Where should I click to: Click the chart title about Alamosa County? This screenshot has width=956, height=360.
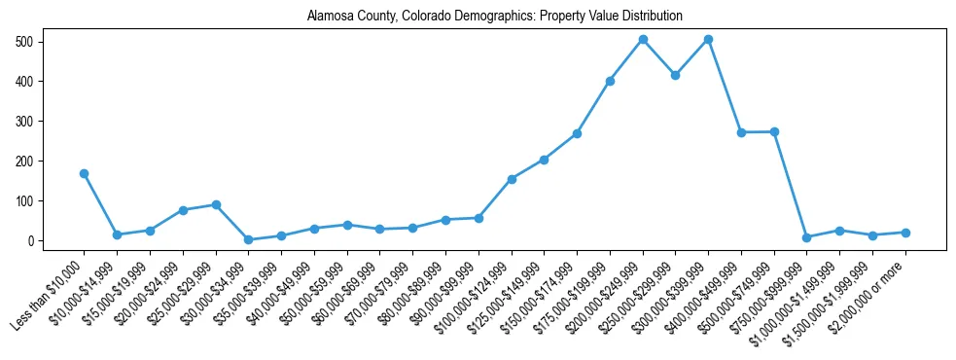click(x=494, y=17)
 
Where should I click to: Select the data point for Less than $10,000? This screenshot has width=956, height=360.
click(x=85, y=173)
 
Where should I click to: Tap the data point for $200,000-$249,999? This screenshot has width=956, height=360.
click(x=643, y=40)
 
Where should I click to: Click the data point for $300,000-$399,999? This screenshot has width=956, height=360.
click(x=709, y=40)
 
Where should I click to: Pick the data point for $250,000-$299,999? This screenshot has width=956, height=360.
click(x=676, y=75)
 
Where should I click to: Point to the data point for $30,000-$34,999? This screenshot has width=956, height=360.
click(x=249, y=239)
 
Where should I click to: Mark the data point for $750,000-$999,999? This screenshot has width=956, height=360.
click(x=807, y=237)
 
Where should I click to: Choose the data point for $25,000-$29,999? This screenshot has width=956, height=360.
click(x=216, y=204)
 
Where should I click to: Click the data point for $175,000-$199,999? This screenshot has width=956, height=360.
click(x=610, y=81)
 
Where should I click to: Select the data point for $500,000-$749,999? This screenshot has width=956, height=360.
click(x=774, y=131)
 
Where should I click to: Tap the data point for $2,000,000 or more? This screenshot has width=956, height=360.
click(x=905, y=233)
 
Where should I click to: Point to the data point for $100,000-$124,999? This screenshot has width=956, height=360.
click(x=512, y=179)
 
